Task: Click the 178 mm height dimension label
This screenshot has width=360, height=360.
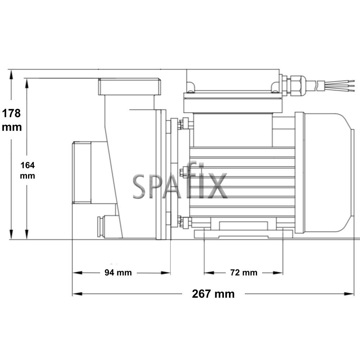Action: [x=12, y=120]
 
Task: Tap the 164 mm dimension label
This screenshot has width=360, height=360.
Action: [x=27, y=170]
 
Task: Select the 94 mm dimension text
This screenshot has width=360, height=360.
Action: [x=118, y=273]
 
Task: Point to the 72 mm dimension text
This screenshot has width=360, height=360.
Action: [x=244, y=273]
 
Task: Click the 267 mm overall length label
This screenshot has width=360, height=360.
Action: [x=213, y=294]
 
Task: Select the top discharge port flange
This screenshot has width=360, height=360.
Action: [x=130, y=86]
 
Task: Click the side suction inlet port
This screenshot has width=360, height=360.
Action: [x=81, y=172]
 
